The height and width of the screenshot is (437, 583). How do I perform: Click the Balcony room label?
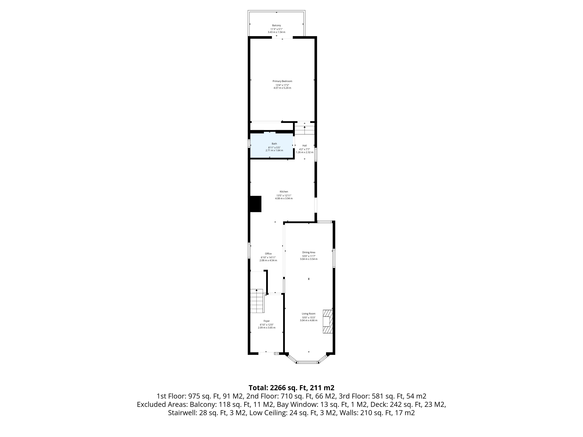(276, 25)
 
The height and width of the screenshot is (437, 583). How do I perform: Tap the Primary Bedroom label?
(282, 81)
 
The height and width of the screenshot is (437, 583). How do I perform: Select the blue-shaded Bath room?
(272, 146)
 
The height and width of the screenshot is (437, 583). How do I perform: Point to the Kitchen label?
(284, 192)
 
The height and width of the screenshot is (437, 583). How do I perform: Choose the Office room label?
(268, 254)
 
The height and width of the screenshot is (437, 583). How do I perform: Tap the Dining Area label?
(309, 252)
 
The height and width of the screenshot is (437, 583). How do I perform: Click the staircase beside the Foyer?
(257, 301)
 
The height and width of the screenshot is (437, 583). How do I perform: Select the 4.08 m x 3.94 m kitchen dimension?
(284, 198)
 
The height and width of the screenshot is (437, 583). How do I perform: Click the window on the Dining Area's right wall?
(334, 258)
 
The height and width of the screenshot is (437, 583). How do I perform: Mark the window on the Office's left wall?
(249, 250)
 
